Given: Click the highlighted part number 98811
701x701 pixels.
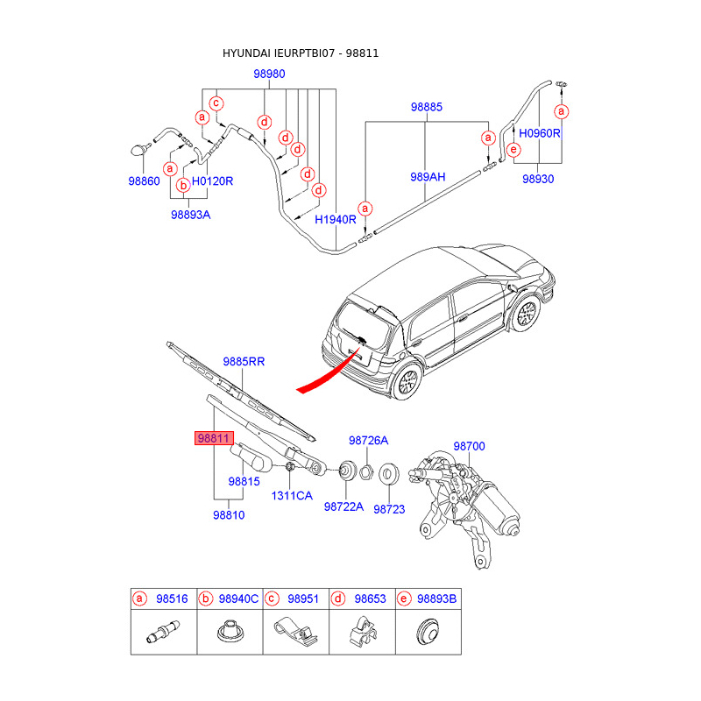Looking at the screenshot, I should [x=213, y=438].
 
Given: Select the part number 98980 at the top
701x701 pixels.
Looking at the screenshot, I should [x=270, y=74].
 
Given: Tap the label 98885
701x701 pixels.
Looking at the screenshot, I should [x=427, y=108].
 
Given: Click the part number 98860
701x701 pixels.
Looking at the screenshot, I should [x=144, y=181].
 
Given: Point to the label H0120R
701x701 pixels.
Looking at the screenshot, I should [x=212, y=181].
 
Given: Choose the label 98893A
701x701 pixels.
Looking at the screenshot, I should [x=191, y=214].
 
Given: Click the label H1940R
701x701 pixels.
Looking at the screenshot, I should [x=336, y=219].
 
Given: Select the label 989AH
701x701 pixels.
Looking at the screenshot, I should [x=428, y=177].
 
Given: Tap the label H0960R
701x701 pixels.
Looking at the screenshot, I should [x=539, y=134].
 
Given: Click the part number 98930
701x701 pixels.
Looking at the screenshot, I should [x=538, y=179].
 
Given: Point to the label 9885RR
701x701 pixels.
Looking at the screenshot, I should [x=244, y=361].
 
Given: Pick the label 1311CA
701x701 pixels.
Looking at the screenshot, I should [x=291, y=496].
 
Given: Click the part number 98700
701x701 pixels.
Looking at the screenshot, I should [x=469, y=446].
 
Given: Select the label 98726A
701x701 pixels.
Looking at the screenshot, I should [x=368, y=440].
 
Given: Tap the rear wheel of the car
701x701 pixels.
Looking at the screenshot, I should [x=406, y=381].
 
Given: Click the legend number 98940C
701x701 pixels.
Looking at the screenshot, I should [x=238, y=599].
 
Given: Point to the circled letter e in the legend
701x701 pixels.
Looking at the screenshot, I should [x=404, y=599].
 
